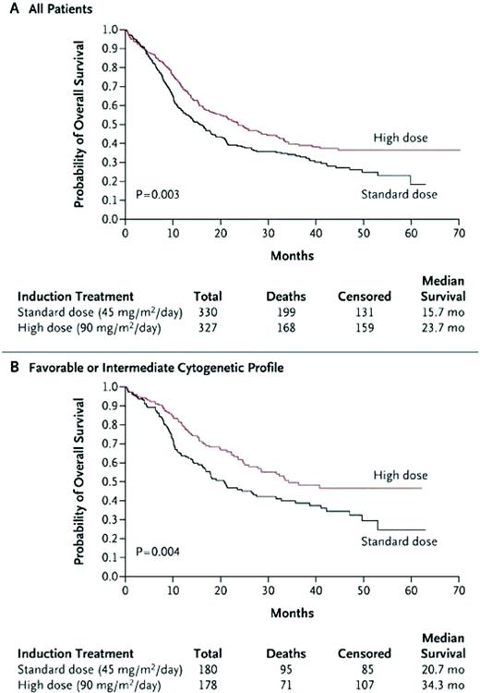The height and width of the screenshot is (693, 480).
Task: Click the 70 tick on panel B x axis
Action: [x=459, y=590]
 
